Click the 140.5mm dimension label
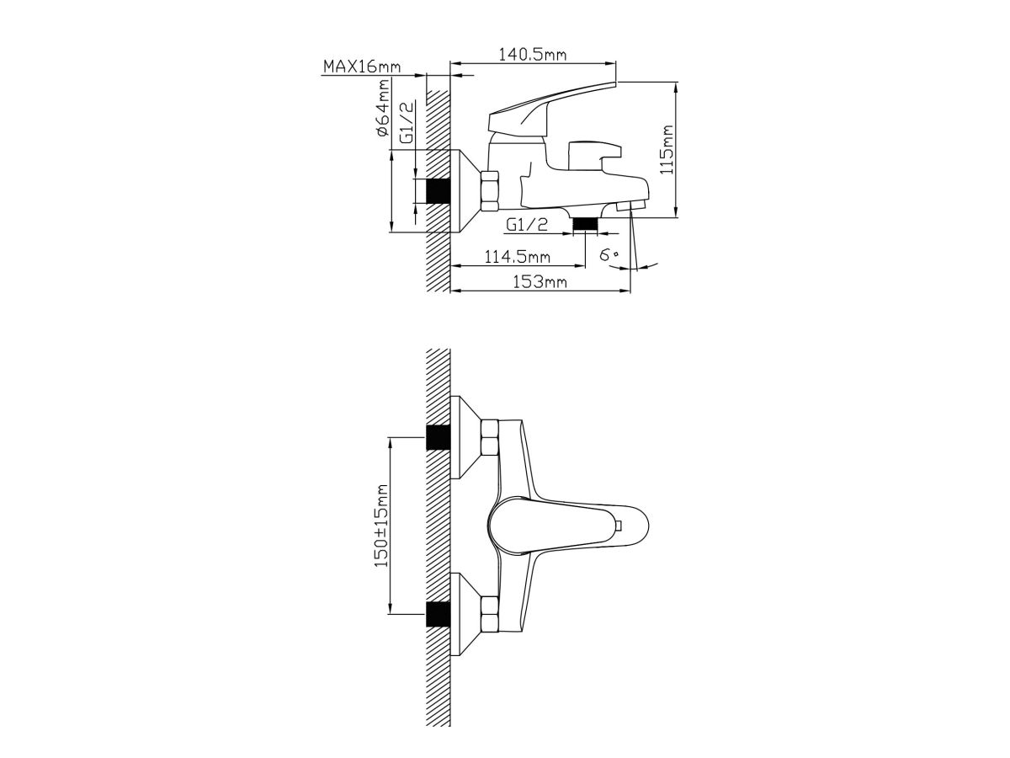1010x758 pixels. coord(533,55)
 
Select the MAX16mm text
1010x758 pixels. coord(362,67)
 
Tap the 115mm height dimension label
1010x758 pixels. coord(667,150)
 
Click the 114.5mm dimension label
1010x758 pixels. coord(517,256)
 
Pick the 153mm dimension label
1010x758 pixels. coord(540,281)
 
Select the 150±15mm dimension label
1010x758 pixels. coord(381,525)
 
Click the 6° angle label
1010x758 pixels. coord(609,254)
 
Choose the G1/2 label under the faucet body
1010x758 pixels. coord(527,225)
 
